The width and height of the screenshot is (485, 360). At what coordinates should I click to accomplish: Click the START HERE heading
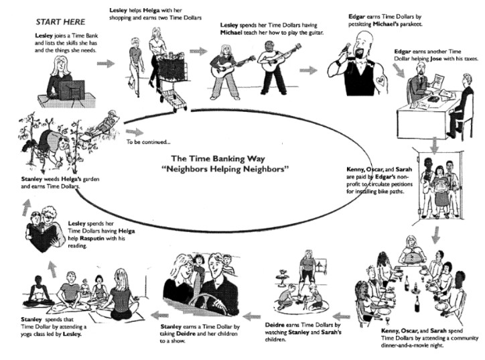[60, 22]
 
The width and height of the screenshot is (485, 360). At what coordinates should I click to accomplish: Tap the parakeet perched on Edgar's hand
[344, 50]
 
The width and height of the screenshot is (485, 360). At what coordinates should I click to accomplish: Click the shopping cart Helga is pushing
[171, 84]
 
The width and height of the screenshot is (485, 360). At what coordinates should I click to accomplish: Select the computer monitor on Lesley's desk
[72, 90]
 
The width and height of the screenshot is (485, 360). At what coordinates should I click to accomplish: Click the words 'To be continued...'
[148, 142]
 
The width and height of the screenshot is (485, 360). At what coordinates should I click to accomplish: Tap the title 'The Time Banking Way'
[218, 159]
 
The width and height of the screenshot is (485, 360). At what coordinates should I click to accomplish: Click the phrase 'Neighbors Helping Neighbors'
[225, 170]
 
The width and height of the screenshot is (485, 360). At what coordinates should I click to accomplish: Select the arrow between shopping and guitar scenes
[198, 51]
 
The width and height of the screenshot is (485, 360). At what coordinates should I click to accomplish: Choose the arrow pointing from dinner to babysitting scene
[341, 316]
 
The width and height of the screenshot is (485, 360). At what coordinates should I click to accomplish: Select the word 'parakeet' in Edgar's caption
[411, 24]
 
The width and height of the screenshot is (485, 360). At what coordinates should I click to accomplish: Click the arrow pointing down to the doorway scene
[435, 145]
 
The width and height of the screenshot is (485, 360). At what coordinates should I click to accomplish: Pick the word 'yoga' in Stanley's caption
[26, 335]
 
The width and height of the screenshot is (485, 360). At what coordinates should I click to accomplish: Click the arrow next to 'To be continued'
[135, 132]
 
